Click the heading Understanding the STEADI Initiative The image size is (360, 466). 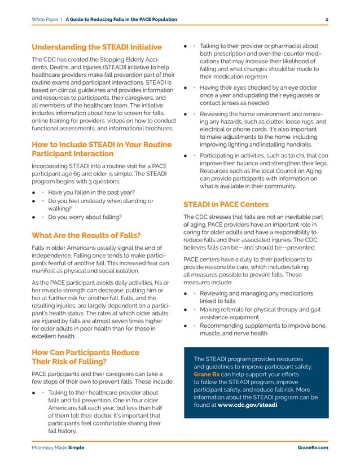tap(96, 46)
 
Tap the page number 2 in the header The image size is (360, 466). tap(327, 20)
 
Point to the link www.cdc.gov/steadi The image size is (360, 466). tap(247, 405)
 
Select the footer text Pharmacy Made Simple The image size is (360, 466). tap(58, 447)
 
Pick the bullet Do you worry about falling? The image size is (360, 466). tap(85, 217)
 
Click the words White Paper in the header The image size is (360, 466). tap(46, 20)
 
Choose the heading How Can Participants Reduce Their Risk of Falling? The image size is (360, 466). tap(85, 357)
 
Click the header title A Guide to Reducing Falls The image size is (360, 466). tap(121, 20)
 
